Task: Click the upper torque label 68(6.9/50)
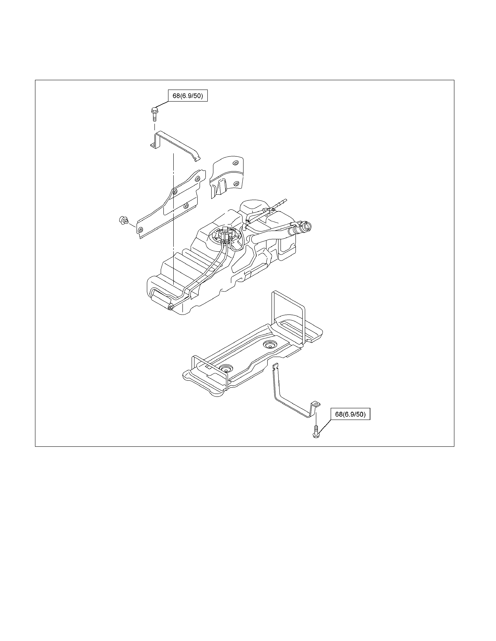click(x=188, y=96)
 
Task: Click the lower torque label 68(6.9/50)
click(x=350, y=414)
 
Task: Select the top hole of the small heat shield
click(x=235, y=163)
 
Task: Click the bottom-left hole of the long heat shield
click(x=140, y=229)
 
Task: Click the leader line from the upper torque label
click(x=161, y=105)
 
